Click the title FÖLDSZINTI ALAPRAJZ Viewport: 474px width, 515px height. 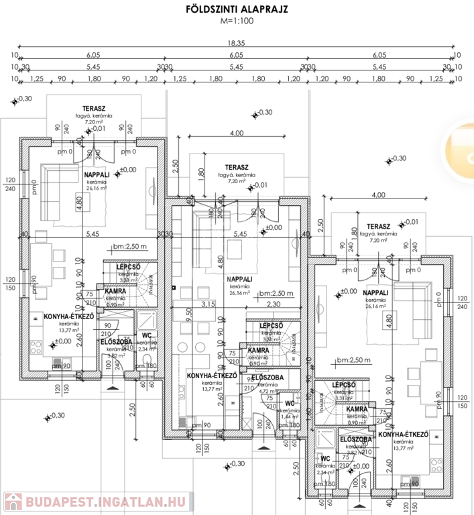(237, 9)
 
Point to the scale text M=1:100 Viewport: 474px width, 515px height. (237, 21)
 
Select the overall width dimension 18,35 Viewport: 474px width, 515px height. (235, 42)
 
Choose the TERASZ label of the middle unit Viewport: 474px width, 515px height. (237, 166)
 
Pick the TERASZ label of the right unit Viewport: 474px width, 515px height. (379, 226)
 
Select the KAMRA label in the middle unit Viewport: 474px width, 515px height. (258, 350)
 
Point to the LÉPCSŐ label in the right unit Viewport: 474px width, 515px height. (343, 385)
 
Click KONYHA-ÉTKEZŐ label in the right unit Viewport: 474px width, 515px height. (403, 435)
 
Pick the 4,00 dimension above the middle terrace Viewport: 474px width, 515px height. (236, 133)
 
